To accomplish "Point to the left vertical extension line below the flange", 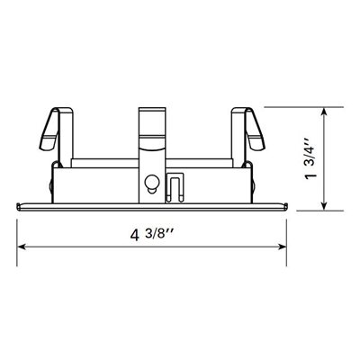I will click(x=18, y=232).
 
